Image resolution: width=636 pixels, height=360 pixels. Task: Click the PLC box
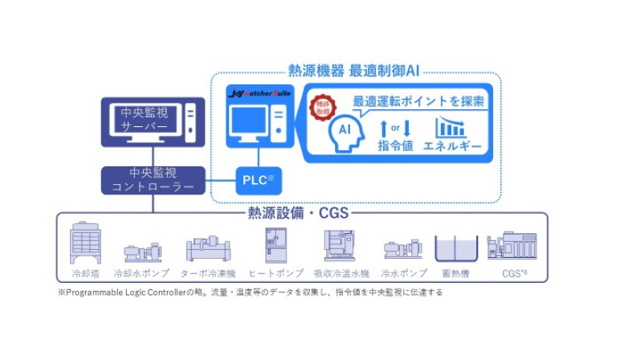[258, 180]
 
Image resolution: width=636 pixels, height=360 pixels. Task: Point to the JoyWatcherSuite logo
[260, 94]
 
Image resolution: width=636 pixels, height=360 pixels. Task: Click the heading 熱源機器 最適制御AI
[353, 71]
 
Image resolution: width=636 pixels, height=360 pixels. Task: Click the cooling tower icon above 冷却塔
[86, 243]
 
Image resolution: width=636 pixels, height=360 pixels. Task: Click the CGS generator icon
[512, 244]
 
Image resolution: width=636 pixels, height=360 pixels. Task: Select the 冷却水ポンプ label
[141, 272]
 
